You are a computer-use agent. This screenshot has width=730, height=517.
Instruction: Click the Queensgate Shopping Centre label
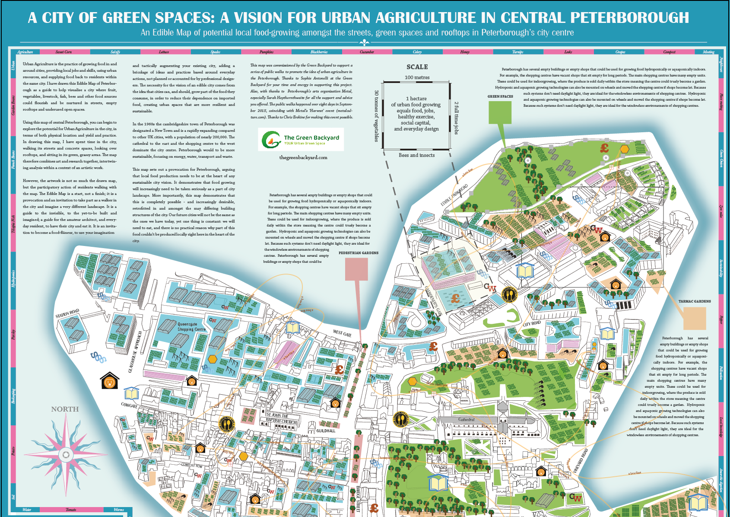(191, 326)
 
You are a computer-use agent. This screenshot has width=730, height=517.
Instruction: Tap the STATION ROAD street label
(67, 313)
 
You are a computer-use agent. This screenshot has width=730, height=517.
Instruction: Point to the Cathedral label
(466, 419)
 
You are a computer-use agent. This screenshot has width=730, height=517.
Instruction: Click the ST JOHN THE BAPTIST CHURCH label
(281, 418)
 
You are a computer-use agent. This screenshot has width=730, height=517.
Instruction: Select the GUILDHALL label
(326, 431)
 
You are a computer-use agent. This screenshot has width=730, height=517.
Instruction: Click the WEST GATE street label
(342, 333)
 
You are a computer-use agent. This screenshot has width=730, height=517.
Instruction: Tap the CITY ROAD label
(532, 323)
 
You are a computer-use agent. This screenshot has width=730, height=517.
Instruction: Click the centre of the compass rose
(66, 455)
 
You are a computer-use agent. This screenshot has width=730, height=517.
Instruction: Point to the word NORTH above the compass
(65, 409)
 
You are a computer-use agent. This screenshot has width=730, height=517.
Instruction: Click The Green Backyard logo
(301, 139)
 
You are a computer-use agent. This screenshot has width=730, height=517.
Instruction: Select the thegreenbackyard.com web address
(303, 157)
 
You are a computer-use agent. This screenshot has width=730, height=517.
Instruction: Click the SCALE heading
(417, 67)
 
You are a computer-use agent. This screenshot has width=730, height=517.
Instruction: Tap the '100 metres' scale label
(417, 77)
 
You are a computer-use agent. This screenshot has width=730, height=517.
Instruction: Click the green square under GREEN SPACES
(500, 112)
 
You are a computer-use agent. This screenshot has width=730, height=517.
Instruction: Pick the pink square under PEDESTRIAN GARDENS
(356, 268)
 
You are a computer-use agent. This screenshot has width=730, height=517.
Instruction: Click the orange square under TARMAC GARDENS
(694, 318)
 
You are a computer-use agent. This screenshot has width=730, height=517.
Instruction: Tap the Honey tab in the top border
(465, 52)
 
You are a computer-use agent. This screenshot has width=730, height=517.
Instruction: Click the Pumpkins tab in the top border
(267, 52)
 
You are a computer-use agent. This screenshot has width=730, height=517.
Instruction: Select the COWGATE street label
(129, 405)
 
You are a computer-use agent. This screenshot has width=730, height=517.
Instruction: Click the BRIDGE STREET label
(358, 499)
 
